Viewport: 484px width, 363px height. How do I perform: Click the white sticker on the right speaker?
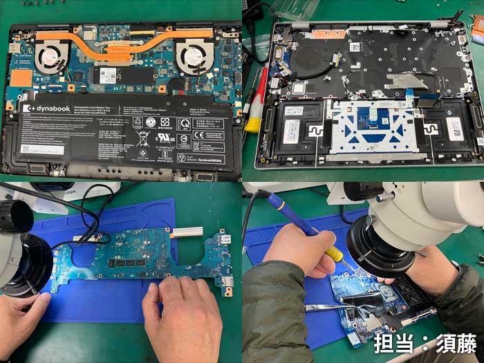click(454, 128)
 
